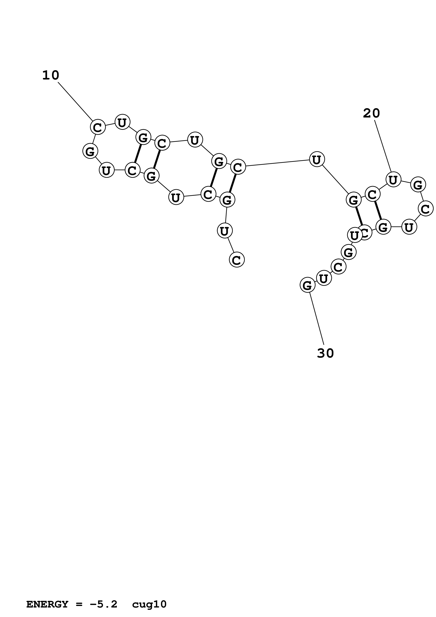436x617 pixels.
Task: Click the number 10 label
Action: click(x=50, y=75)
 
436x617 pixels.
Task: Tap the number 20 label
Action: click(x=371, y=113)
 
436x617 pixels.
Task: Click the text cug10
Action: click(x=149, y=597)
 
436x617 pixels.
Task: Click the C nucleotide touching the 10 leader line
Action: click(x=97, y=127)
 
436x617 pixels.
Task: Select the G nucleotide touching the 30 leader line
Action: click(x=307, y=285)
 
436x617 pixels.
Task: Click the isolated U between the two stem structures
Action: click(x=317, y=159)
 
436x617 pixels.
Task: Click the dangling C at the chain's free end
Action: click(x=237, y=260)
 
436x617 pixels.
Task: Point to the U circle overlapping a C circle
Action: click(x=355, y=235)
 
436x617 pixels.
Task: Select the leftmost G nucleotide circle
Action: click(x=90, y=151)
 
